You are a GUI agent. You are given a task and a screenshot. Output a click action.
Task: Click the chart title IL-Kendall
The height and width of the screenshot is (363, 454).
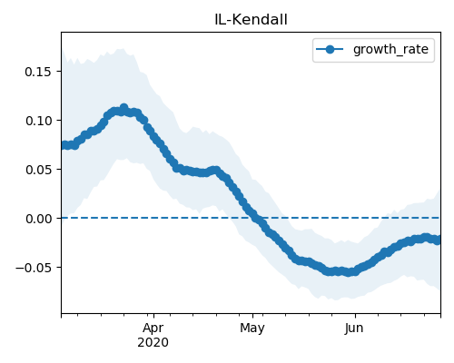point(251,20)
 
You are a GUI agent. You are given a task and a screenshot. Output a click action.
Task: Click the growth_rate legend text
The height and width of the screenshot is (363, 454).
point(390,49)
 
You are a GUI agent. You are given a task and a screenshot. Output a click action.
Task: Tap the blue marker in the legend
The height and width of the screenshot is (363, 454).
point(330,49)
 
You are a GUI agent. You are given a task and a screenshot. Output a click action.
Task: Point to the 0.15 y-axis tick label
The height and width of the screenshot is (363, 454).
point(38,72)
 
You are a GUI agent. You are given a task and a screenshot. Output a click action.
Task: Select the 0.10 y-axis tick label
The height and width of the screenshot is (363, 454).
point(38,121)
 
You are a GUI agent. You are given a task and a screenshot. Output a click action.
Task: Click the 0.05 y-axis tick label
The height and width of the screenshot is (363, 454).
point(38,170)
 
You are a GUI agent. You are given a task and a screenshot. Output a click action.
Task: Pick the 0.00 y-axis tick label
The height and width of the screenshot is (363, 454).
point(38,219)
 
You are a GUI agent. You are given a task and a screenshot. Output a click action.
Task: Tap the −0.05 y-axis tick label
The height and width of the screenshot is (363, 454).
point(34,268)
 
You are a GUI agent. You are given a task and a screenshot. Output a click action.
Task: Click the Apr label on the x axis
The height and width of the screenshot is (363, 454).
point(153,328)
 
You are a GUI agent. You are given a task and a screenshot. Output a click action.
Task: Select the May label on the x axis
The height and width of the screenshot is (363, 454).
point(252,328)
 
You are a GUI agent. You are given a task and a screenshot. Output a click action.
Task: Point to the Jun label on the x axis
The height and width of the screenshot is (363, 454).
point(354,328)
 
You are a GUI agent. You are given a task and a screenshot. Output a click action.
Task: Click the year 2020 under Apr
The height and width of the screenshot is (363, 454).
point(153,342)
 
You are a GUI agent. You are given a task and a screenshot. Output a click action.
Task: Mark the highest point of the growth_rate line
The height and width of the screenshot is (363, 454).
point(123,108)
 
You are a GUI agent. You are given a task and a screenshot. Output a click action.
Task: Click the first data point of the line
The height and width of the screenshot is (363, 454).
point(63,145)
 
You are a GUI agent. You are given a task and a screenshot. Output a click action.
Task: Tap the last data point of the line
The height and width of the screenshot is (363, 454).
point(439,240)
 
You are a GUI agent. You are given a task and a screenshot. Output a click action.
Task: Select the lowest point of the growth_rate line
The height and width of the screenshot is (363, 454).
point(349,272)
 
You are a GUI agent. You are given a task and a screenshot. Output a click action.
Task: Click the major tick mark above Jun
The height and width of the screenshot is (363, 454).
point(355,316)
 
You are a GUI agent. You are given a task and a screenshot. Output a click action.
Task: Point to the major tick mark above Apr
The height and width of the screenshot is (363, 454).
point(153,316)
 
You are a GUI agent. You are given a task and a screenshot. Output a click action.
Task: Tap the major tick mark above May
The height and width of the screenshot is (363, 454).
point(252,316)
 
